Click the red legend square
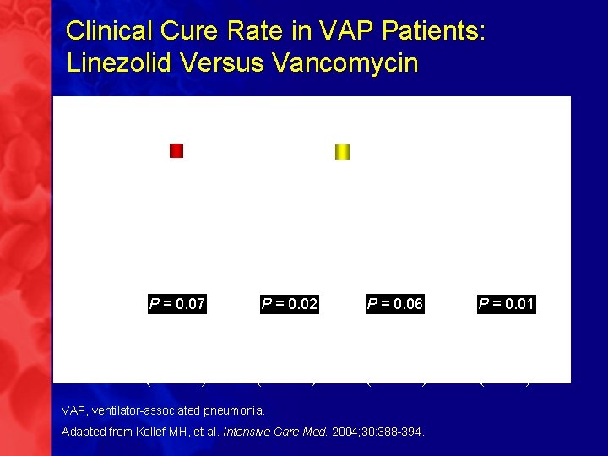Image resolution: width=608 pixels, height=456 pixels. coord(176,151)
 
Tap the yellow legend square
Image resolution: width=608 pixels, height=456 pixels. coord(342,152)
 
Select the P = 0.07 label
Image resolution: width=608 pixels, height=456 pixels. coord(177,304)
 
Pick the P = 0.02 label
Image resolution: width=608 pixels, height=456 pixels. coord(290,304)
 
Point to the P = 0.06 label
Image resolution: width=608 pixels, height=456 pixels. coord(395,304)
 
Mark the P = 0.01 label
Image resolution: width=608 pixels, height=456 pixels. coord(507,304)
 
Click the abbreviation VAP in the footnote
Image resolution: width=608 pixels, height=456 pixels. coord(73,410)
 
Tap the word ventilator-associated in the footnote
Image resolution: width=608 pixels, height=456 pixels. coord(146,410)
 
